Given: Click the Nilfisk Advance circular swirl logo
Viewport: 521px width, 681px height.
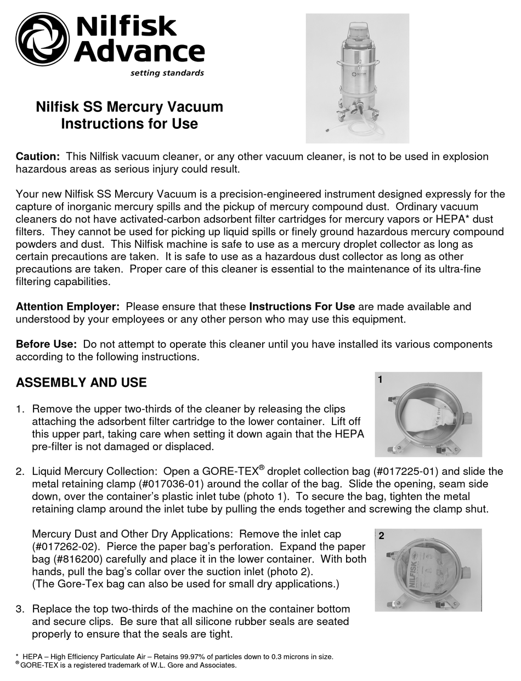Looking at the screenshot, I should coord(42,39).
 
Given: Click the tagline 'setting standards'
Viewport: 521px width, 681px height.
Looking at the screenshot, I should coord(167,73).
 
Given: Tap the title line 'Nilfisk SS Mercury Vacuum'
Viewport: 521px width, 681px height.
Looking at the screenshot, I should coord(129,106).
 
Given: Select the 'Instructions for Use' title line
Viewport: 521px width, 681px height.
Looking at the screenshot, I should coord(129,124).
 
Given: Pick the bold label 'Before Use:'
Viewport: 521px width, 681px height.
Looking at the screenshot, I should coord(46,344).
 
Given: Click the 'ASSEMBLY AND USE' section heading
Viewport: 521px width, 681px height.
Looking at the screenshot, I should coord(81,383).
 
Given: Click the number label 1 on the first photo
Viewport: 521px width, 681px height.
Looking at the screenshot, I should coord(380,379).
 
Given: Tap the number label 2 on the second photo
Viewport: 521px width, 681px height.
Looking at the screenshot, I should coord(381,536).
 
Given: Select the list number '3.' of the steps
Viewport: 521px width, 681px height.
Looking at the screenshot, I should coord(20,609).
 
